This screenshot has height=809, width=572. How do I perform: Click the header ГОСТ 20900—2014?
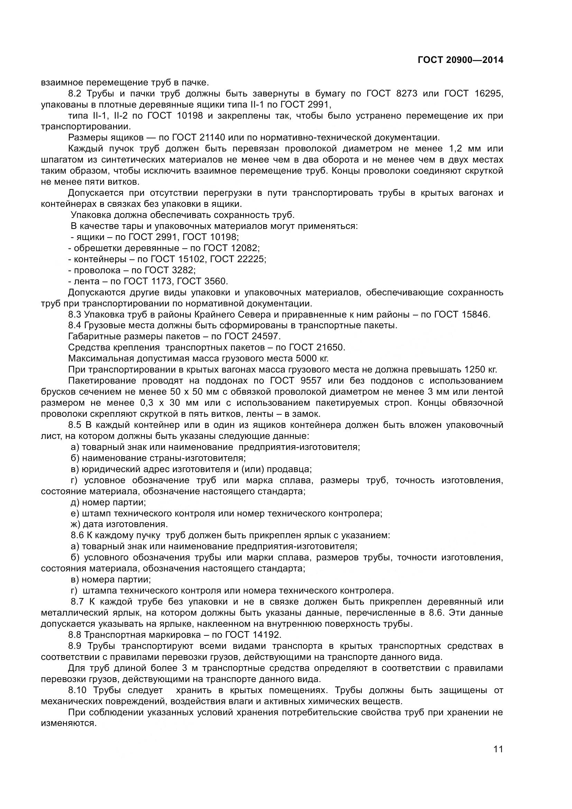pos(460,60)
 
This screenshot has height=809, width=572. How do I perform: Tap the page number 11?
pos(498,759)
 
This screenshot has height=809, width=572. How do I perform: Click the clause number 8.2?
pos(75,94)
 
